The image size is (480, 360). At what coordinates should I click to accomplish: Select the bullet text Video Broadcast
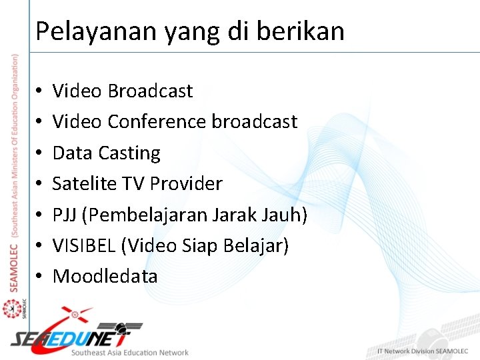[x=123, y=91]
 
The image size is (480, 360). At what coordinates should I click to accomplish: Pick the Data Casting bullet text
[x=107, y=153]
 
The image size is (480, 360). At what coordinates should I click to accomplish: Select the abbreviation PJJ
[x=65, y=215]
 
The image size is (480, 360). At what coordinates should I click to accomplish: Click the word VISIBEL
[x=85, y=245]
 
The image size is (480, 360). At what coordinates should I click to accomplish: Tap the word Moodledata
[x=105, y=276]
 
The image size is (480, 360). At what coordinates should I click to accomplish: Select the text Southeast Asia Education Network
[x=130, y=352]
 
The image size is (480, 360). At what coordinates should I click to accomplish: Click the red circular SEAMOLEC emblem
[x=11, y=309]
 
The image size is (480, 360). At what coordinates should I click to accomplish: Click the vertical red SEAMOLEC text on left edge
[x=15, y=267]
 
